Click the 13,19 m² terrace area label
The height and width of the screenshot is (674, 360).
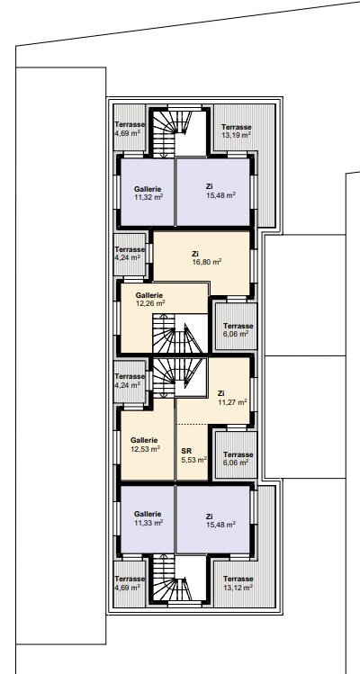click(x=236, y=135)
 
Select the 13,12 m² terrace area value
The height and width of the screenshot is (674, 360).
click(x=238, y=587)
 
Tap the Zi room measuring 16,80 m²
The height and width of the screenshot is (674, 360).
click(x=202, y=263)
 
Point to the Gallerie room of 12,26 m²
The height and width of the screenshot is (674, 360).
click(x=165, y=318)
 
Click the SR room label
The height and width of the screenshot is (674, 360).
click(x=186, y=451)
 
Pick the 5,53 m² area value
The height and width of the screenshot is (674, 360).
click(x=194, y=460)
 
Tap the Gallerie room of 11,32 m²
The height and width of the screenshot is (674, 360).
click(x=148, y=193)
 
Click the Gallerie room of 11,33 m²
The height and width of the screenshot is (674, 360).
click(x=148, y=519)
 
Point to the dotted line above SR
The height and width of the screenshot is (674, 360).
click(x=193, y=425)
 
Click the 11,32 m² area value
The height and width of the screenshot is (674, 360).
click(x=148, y=197)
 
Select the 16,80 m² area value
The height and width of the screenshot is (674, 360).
click(x=207, y=262)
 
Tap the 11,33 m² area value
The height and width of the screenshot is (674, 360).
click(x=148, y=523)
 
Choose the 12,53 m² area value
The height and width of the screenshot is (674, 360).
click(x=146, y=449)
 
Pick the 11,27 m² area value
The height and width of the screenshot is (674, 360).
click(x=232, y=402)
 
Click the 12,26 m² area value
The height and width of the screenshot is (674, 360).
click(x=150, y=303)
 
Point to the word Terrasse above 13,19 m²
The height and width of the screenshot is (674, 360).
click(x=236, y=127)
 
